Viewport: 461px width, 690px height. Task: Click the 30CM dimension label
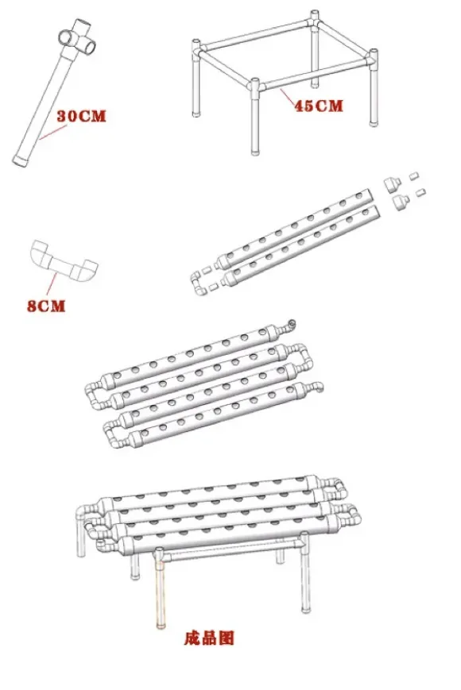(x=82, y=116)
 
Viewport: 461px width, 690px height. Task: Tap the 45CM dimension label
(x=319, y=106)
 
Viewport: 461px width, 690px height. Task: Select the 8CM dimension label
(x=46, y=306)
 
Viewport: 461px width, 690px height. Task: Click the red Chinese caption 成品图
(x=209, y=638)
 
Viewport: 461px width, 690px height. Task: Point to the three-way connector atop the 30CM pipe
(x=78, y=38)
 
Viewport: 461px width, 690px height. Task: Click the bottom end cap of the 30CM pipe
(x=20, y=160)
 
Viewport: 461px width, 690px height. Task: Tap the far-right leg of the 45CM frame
(x=374, y=88)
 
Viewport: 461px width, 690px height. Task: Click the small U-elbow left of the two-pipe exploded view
(x=196, y=283)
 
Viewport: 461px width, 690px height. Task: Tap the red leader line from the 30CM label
(x=53, y=132)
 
